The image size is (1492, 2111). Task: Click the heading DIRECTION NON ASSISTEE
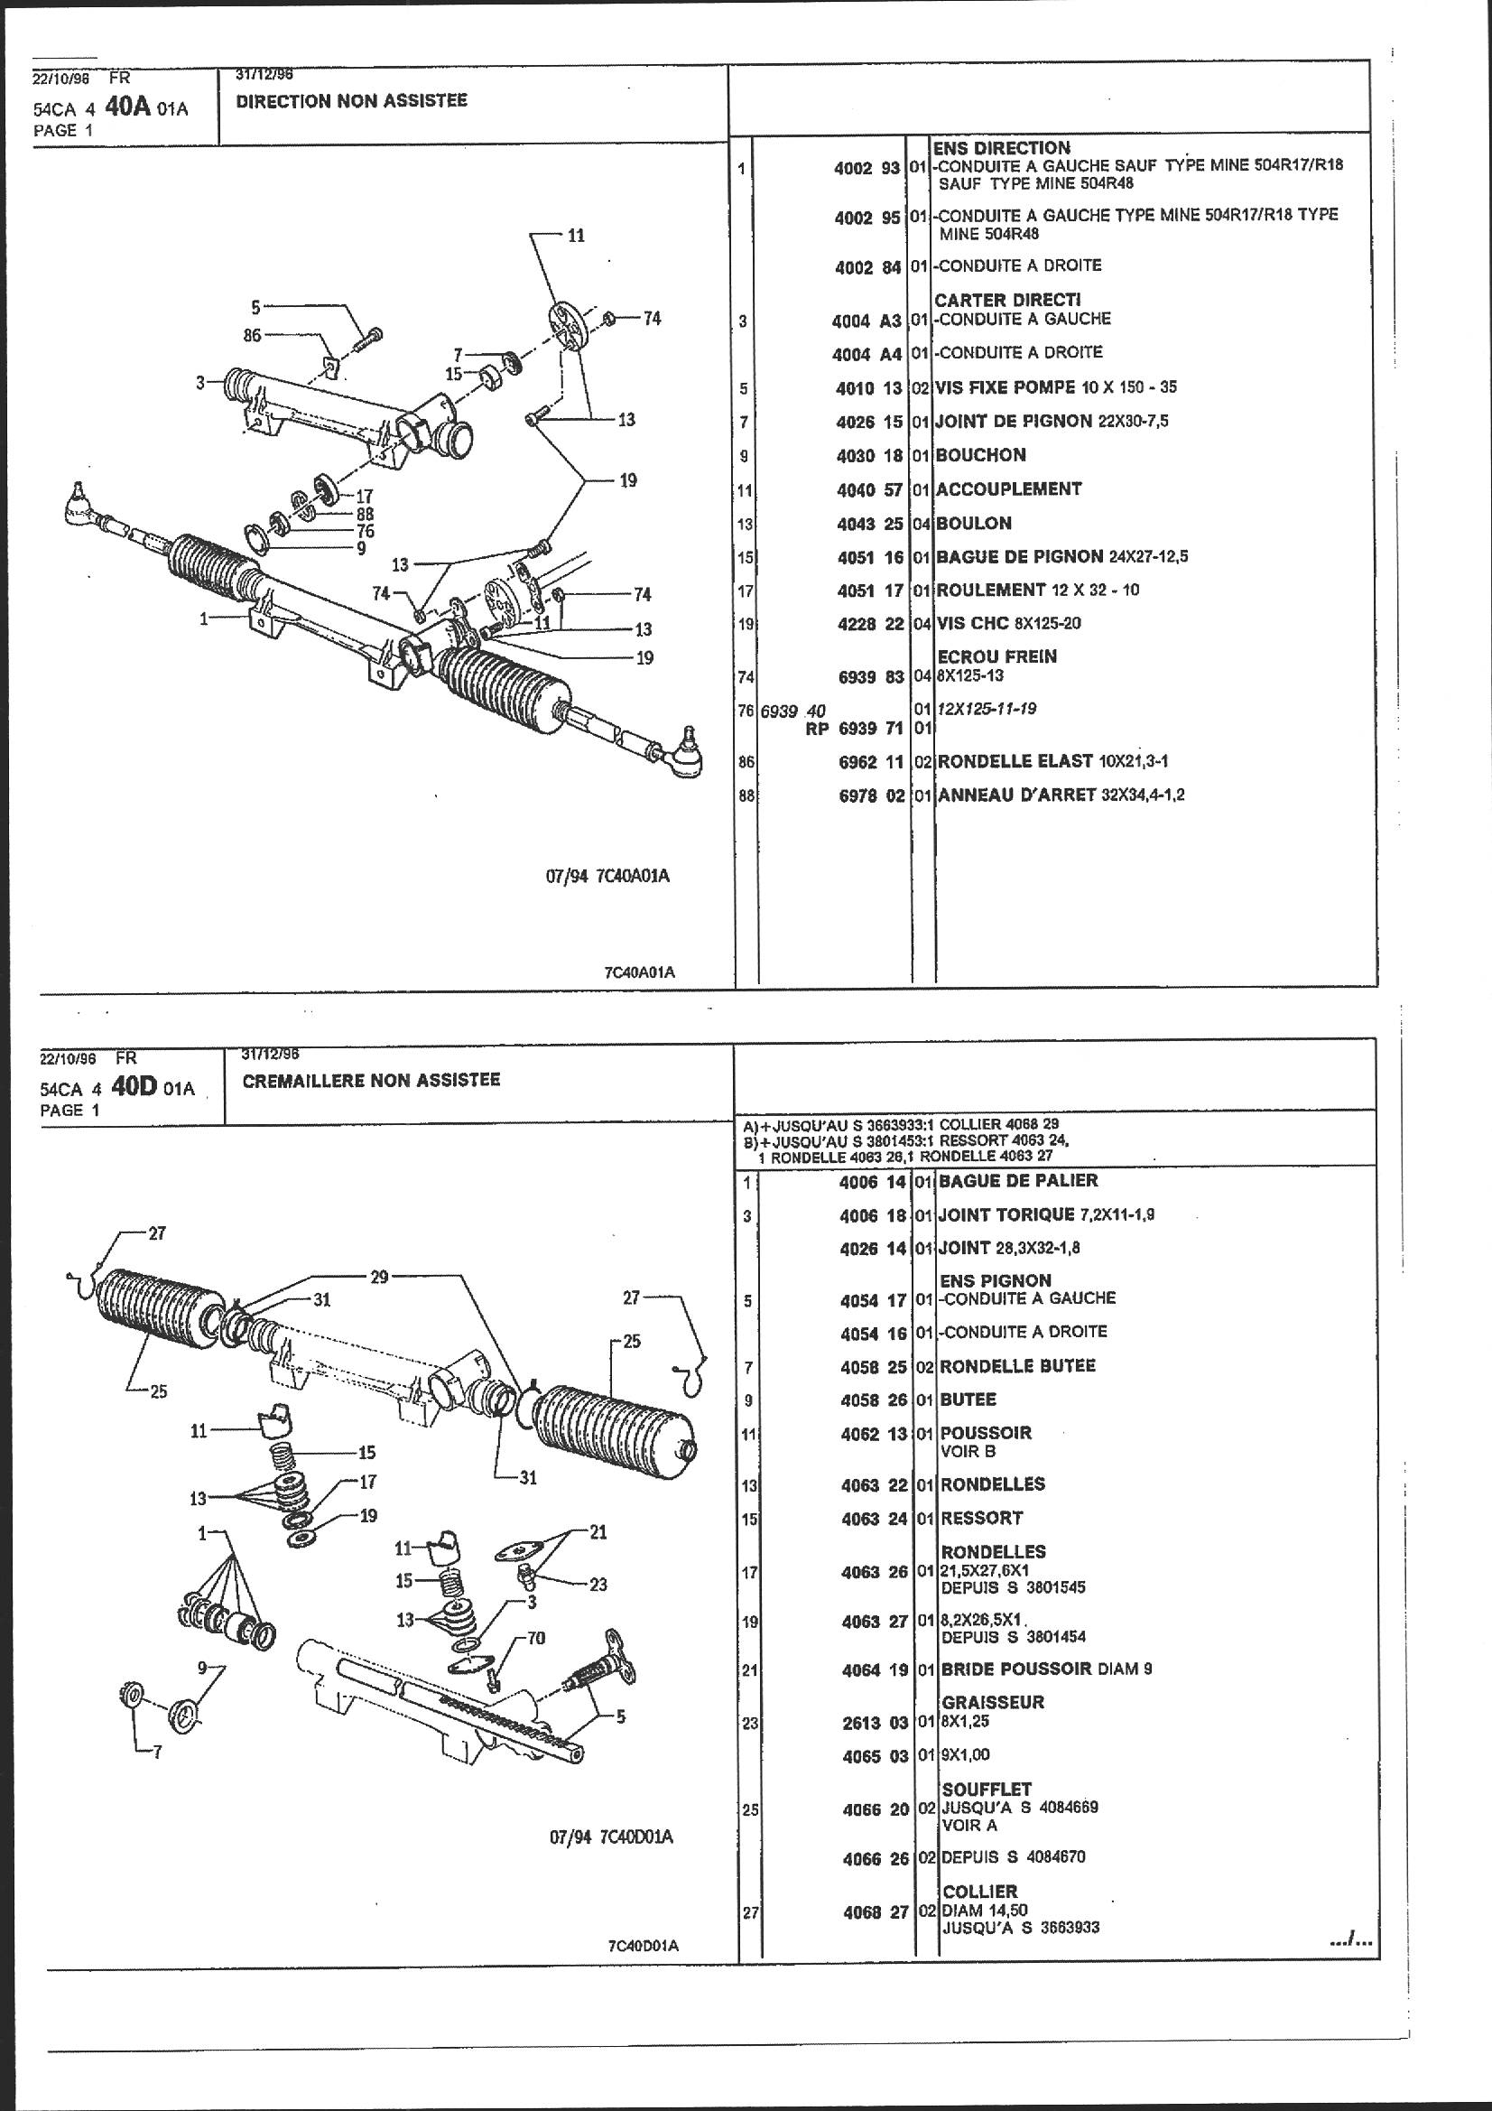[351, 101]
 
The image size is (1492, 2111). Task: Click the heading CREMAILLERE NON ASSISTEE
[370, 1079]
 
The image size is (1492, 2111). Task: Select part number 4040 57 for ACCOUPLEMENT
[868, 490]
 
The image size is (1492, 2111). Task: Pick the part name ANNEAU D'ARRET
[1015, 795]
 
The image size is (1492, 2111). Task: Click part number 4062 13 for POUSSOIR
[874, 1434]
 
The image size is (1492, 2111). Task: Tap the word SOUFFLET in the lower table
[987, 1790]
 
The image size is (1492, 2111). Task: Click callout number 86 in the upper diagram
[252, 336]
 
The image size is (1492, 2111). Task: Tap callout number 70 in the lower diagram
[536, 1639]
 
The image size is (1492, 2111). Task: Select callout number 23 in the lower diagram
[598, 1585]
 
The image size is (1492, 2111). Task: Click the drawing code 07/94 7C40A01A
[607, 876]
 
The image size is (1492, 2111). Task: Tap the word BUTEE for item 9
[968, 1400]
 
